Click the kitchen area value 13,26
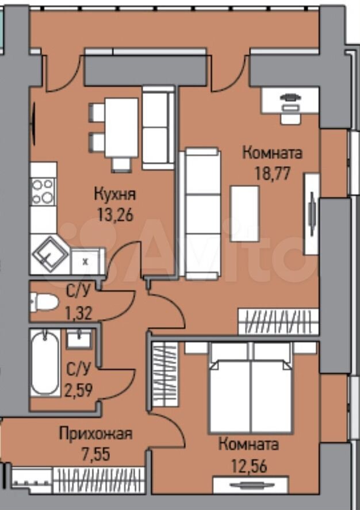pyautogui.click(x=116, y=214)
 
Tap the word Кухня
pyautogui.click(x=115, y=194)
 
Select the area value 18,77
pyautogui.click(x=272, y=174)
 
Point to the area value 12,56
pyautogui.click(x=249, y=466)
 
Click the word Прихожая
pyautogui.click(x=96, y=434)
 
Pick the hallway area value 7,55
pyautogui.click(x=96, y=454)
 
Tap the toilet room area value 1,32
pyautogui.click(x=79, y=313)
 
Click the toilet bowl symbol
pyautogui.click(x=44, y=302)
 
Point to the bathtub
pyautogui.click(x=45, y=363)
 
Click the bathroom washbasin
pyautogui.click(x=79, y=339)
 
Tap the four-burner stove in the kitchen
pyautogui.click(x=44, y=191)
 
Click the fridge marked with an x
pyautogui.click(x=87, y=261)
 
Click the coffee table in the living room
pyautogui.click(x=244, y=214)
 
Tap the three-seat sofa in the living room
pyautogui.click(x=200, y=213)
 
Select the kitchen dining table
pyautogui.click(x=121, y=128)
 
